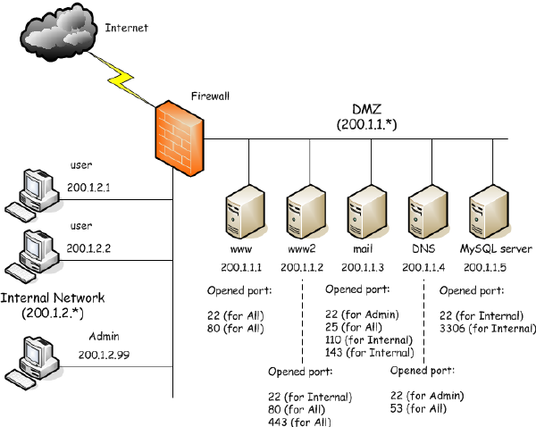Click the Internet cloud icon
click(58, 30)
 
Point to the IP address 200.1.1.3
click(364, 267)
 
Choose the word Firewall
click(212, 95)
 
